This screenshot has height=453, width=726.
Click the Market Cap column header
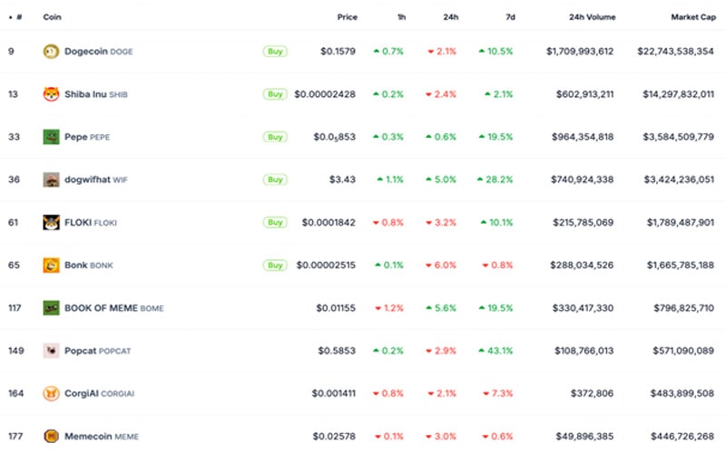pyautogui.click(x=692, y=16)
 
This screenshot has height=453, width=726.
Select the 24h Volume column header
pyautogui.click(x=591, y=16)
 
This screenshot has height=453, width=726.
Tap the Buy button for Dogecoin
pyautogui.click(x=275, y=52)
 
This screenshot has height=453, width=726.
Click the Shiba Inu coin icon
pyautogui.click(x=52, y=94)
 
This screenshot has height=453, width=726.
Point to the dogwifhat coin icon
pyautogui.click(x=52, y=179)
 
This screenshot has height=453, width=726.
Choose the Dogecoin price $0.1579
pyautogui.click(x=338, y=52)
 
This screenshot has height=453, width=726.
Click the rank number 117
pyautogui.click(x=15, y=308)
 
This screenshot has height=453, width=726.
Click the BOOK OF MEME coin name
pyautogui.click(x=101, y=308)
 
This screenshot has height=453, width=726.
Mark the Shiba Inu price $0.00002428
pyautogui.click(x=326, y=94)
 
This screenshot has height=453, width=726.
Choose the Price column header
pyautogui.click(x=348, y=16)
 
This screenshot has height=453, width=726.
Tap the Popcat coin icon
pyautogui.click(x=52, y=351)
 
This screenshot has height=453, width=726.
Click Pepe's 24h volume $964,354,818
pyautogui.click(x=582, y=137)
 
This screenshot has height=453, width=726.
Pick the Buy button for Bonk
pyautogui.click(x=275, y=265)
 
